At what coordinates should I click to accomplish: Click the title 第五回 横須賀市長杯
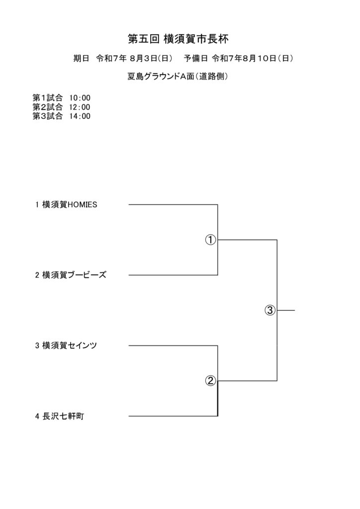178,39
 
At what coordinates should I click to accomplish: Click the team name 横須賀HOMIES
70,204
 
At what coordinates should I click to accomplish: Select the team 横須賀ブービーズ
75,275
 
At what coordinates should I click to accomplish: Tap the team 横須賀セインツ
70,345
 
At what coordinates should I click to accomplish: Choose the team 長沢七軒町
63,416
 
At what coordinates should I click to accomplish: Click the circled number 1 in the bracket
210,240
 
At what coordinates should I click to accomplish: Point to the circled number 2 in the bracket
210,380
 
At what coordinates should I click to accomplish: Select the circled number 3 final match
270,310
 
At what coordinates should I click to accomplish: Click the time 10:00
80,98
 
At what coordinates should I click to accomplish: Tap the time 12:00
80,107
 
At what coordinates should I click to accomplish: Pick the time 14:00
80,116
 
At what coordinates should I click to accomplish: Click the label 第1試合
47,98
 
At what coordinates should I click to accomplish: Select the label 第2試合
47,107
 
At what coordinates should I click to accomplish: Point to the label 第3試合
47,116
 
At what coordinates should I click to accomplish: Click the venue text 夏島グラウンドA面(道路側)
178,76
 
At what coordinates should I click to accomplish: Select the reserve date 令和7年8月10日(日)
253,59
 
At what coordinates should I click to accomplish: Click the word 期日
81,59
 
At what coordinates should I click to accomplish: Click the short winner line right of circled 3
286,310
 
